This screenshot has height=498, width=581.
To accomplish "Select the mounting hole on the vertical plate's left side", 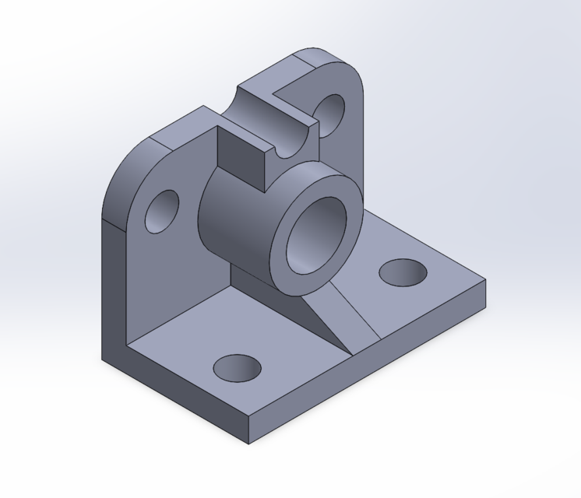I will coord(162,211).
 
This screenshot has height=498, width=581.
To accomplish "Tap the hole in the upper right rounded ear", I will coord(330,114).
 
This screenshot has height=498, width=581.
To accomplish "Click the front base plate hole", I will coord(237,368).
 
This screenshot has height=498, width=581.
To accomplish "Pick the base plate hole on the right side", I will coord(403,273).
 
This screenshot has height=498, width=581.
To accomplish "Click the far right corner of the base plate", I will coord(485,282).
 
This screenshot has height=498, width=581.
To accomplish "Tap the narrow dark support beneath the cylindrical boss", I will coord(249,277).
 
